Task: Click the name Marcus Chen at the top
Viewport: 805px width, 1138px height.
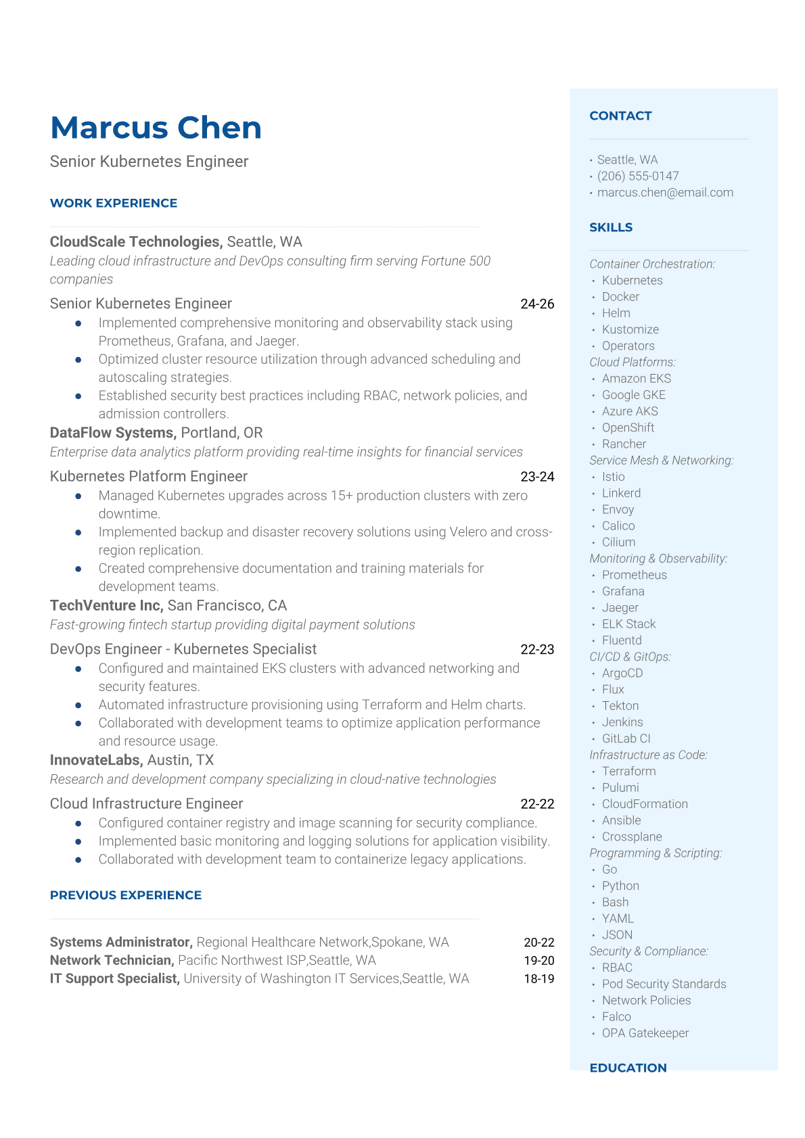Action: (156, 128)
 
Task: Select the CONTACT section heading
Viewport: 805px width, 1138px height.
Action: (620, 116)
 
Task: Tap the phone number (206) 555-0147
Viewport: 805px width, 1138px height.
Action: (637, 176)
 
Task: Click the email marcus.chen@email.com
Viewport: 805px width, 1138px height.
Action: (665, 192)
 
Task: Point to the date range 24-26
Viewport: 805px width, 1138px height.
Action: (537, 304)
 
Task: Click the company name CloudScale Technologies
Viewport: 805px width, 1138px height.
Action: (135, 241)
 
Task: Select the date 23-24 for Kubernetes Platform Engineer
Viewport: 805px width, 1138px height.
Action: (537, 477)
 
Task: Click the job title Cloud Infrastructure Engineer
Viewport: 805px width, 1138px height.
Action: (146, 803)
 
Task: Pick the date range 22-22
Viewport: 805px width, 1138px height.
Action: (537, 804)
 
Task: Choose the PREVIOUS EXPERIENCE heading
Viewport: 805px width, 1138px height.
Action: (126, 895)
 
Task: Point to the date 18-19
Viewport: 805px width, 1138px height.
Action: (538, 978)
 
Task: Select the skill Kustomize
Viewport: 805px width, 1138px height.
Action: (630, 329)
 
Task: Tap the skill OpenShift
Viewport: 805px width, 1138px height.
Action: (628, 427)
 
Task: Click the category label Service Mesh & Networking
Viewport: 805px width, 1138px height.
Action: (661, 460)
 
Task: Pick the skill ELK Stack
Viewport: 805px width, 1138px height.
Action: (628, 624)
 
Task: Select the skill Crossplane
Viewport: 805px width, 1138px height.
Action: (632, 836)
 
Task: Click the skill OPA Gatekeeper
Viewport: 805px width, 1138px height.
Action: (645, 1033)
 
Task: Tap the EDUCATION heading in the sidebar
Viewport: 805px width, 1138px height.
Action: (628, 1068)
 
